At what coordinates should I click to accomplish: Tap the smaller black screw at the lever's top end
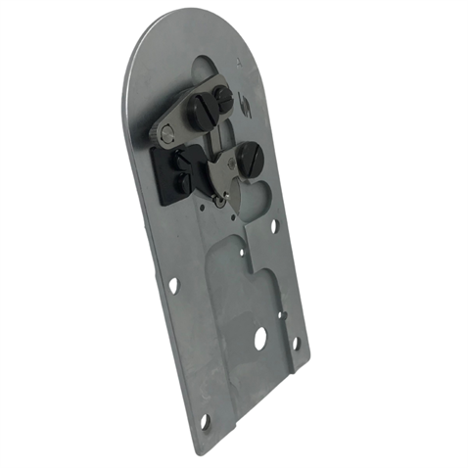tap(223, 98)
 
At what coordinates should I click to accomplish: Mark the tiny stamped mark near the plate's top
tap(237, 65)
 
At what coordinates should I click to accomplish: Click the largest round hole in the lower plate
tap(260, 339)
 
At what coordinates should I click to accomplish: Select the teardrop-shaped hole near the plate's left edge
tap(173, 286)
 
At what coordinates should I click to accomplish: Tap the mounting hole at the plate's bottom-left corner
tap(205, 421)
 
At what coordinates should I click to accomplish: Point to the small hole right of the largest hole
tap(295, 344)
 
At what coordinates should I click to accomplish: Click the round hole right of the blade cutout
tap(274, 225)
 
